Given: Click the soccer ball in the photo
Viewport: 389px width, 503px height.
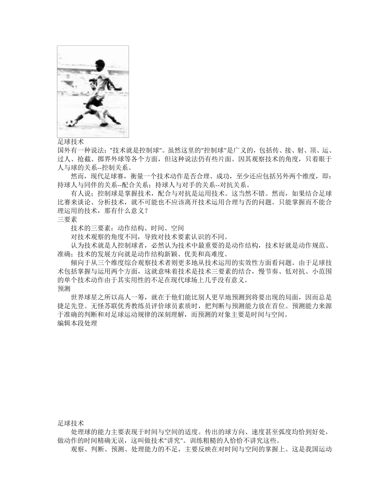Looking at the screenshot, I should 70,123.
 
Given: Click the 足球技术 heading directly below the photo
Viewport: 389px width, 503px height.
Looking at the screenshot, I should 71,141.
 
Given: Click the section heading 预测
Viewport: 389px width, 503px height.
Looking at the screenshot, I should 64,289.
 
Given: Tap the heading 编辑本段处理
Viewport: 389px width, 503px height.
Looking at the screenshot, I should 77,323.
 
